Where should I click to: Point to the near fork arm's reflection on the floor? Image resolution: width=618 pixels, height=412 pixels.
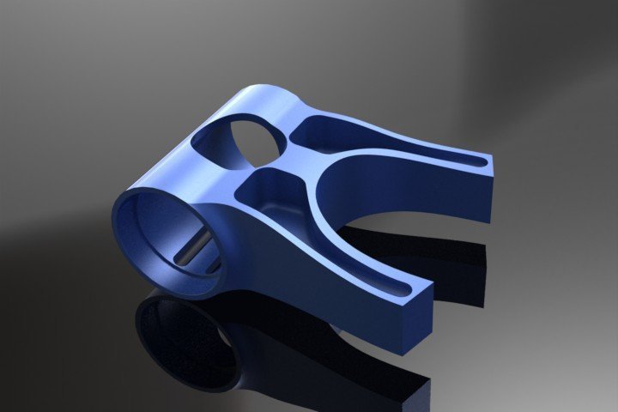coord(343,360)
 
